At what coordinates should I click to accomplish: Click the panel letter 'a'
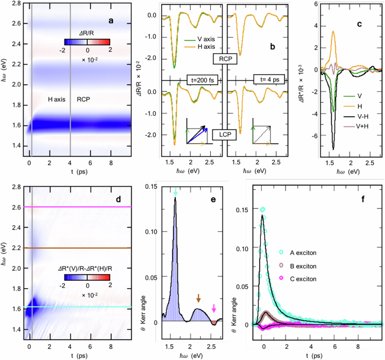click(111, 21)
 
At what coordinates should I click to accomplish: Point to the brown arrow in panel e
click(198, 298)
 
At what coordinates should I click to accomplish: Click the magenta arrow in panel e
click(214, 308)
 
